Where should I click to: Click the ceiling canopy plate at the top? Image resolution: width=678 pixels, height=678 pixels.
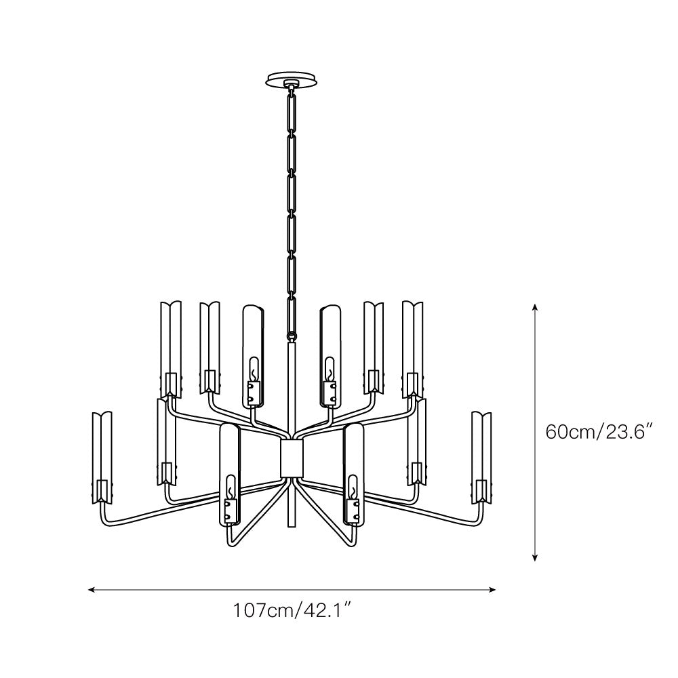[291, 79]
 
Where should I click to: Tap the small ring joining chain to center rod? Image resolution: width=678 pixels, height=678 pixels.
[292, 335]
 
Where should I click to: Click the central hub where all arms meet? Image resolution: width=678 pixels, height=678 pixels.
[292, 458]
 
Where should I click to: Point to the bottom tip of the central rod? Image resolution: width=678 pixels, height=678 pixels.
[292, 525]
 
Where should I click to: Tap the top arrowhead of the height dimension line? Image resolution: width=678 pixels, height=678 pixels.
[536, 307]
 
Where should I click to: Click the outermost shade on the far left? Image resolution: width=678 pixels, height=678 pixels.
[102, 454]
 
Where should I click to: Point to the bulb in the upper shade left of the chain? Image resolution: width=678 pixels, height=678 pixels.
[254, 370]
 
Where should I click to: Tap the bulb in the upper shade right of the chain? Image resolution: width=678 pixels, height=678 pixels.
[330, 370]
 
